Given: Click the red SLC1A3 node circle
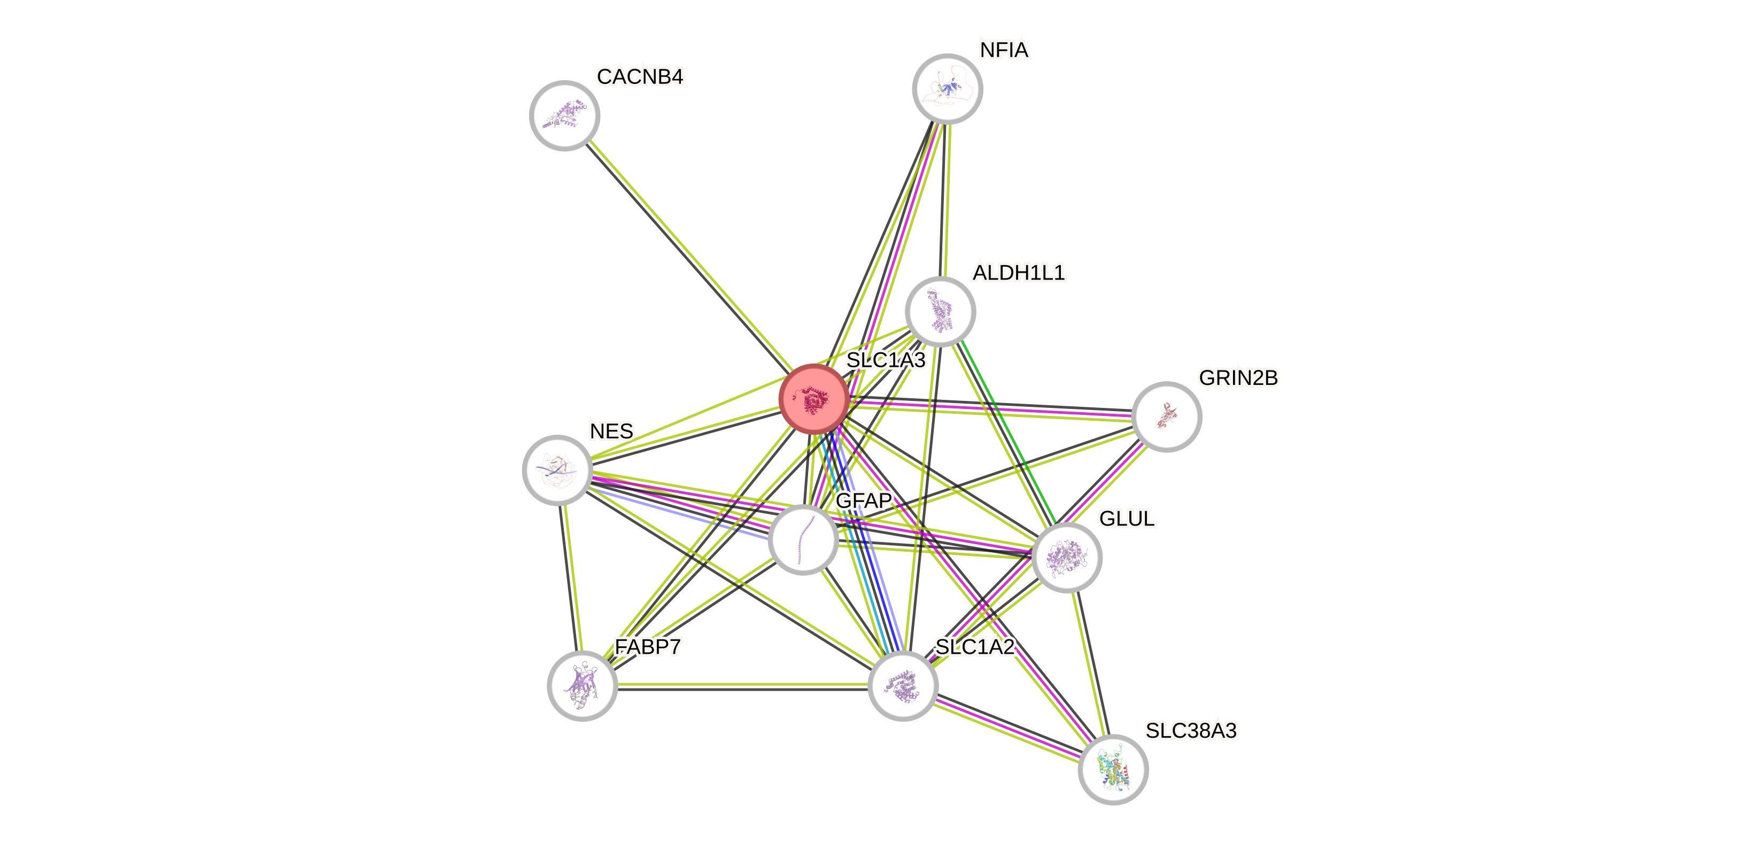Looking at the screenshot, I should (x=813, y=399).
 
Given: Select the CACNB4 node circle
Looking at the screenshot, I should (x=564, y=115).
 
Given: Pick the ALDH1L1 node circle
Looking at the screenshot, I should (x=940, y=311).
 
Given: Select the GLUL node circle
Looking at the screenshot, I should (x=1066, y=557).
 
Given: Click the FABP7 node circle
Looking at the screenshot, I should (x=582, y=685).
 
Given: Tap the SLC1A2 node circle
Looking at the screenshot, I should (x=902, y=685).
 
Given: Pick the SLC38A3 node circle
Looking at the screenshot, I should (x=1113, y=769).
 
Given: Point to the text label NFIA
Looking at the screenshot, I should (x=1004, y=50).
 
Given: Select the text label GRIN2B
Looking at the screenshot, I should (x=1237, y=378).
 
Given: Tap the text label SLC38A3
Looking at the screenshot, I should (x=1190, y=731).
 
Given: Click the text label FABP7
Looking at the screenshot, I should (x=647, y=647).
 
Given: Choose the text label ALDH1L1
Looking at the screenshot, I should (x=1018, y=273).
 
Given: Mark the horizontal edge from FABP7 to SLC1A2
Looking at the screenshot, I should (x=742, y=685).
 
